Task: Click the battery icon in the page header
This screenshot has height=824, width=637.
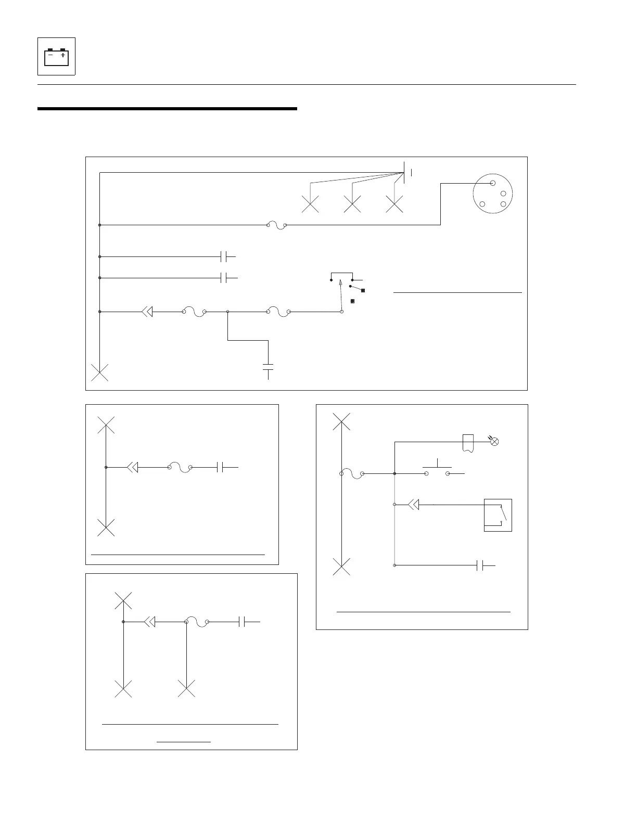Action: tap(56, 57)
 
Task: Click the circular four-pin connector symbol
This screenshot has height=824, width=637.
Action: tap(492, 194)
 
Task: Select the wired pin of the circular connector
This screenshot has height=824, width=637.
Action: tap(492, 183)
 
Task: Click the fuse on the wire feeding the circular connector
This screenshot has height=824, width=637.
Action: tap(277, 226)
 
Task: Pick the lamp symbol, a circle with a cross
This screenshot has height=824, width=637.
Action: tap(495, 442)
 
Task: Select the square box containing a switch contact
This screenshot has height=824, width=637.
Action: tap(498, 515)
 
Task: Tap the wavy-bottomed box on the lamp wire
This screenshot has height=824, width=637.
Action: tap(468, 443)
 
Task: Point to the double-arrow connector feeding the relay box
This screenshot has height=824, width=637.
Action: tap(413, 505)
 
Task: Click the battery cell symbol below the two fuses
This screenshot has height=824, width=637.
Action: tap(268, 367)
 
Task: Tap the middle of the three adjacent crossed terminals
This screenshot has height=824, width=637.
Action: tap(352, 204)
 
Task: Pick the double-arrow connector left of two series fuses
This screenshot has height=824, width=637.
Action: tap(147, 312)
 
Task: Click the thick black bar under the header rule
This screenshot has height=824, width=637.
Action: tap(167, 109)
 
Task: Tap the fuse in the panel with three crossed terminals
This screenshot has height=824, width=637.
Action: tap(197, 623)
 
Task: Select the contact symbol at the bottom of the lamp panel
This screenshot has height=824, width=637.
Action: tap(483, 565)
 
